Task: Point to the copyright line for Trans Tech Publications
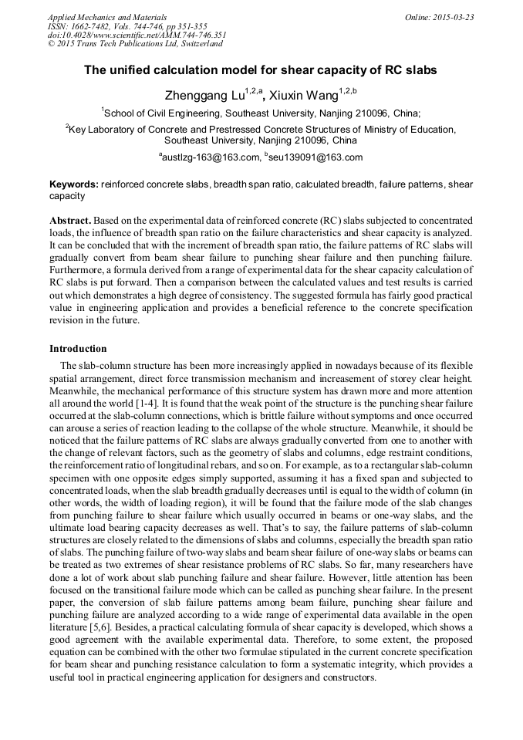(x=135, y=44)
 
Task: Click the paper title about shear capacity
(x=261, y=70)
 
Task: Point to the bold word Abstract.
(x=69, y=220)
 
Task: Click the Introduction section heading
(x=78, y=349)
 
